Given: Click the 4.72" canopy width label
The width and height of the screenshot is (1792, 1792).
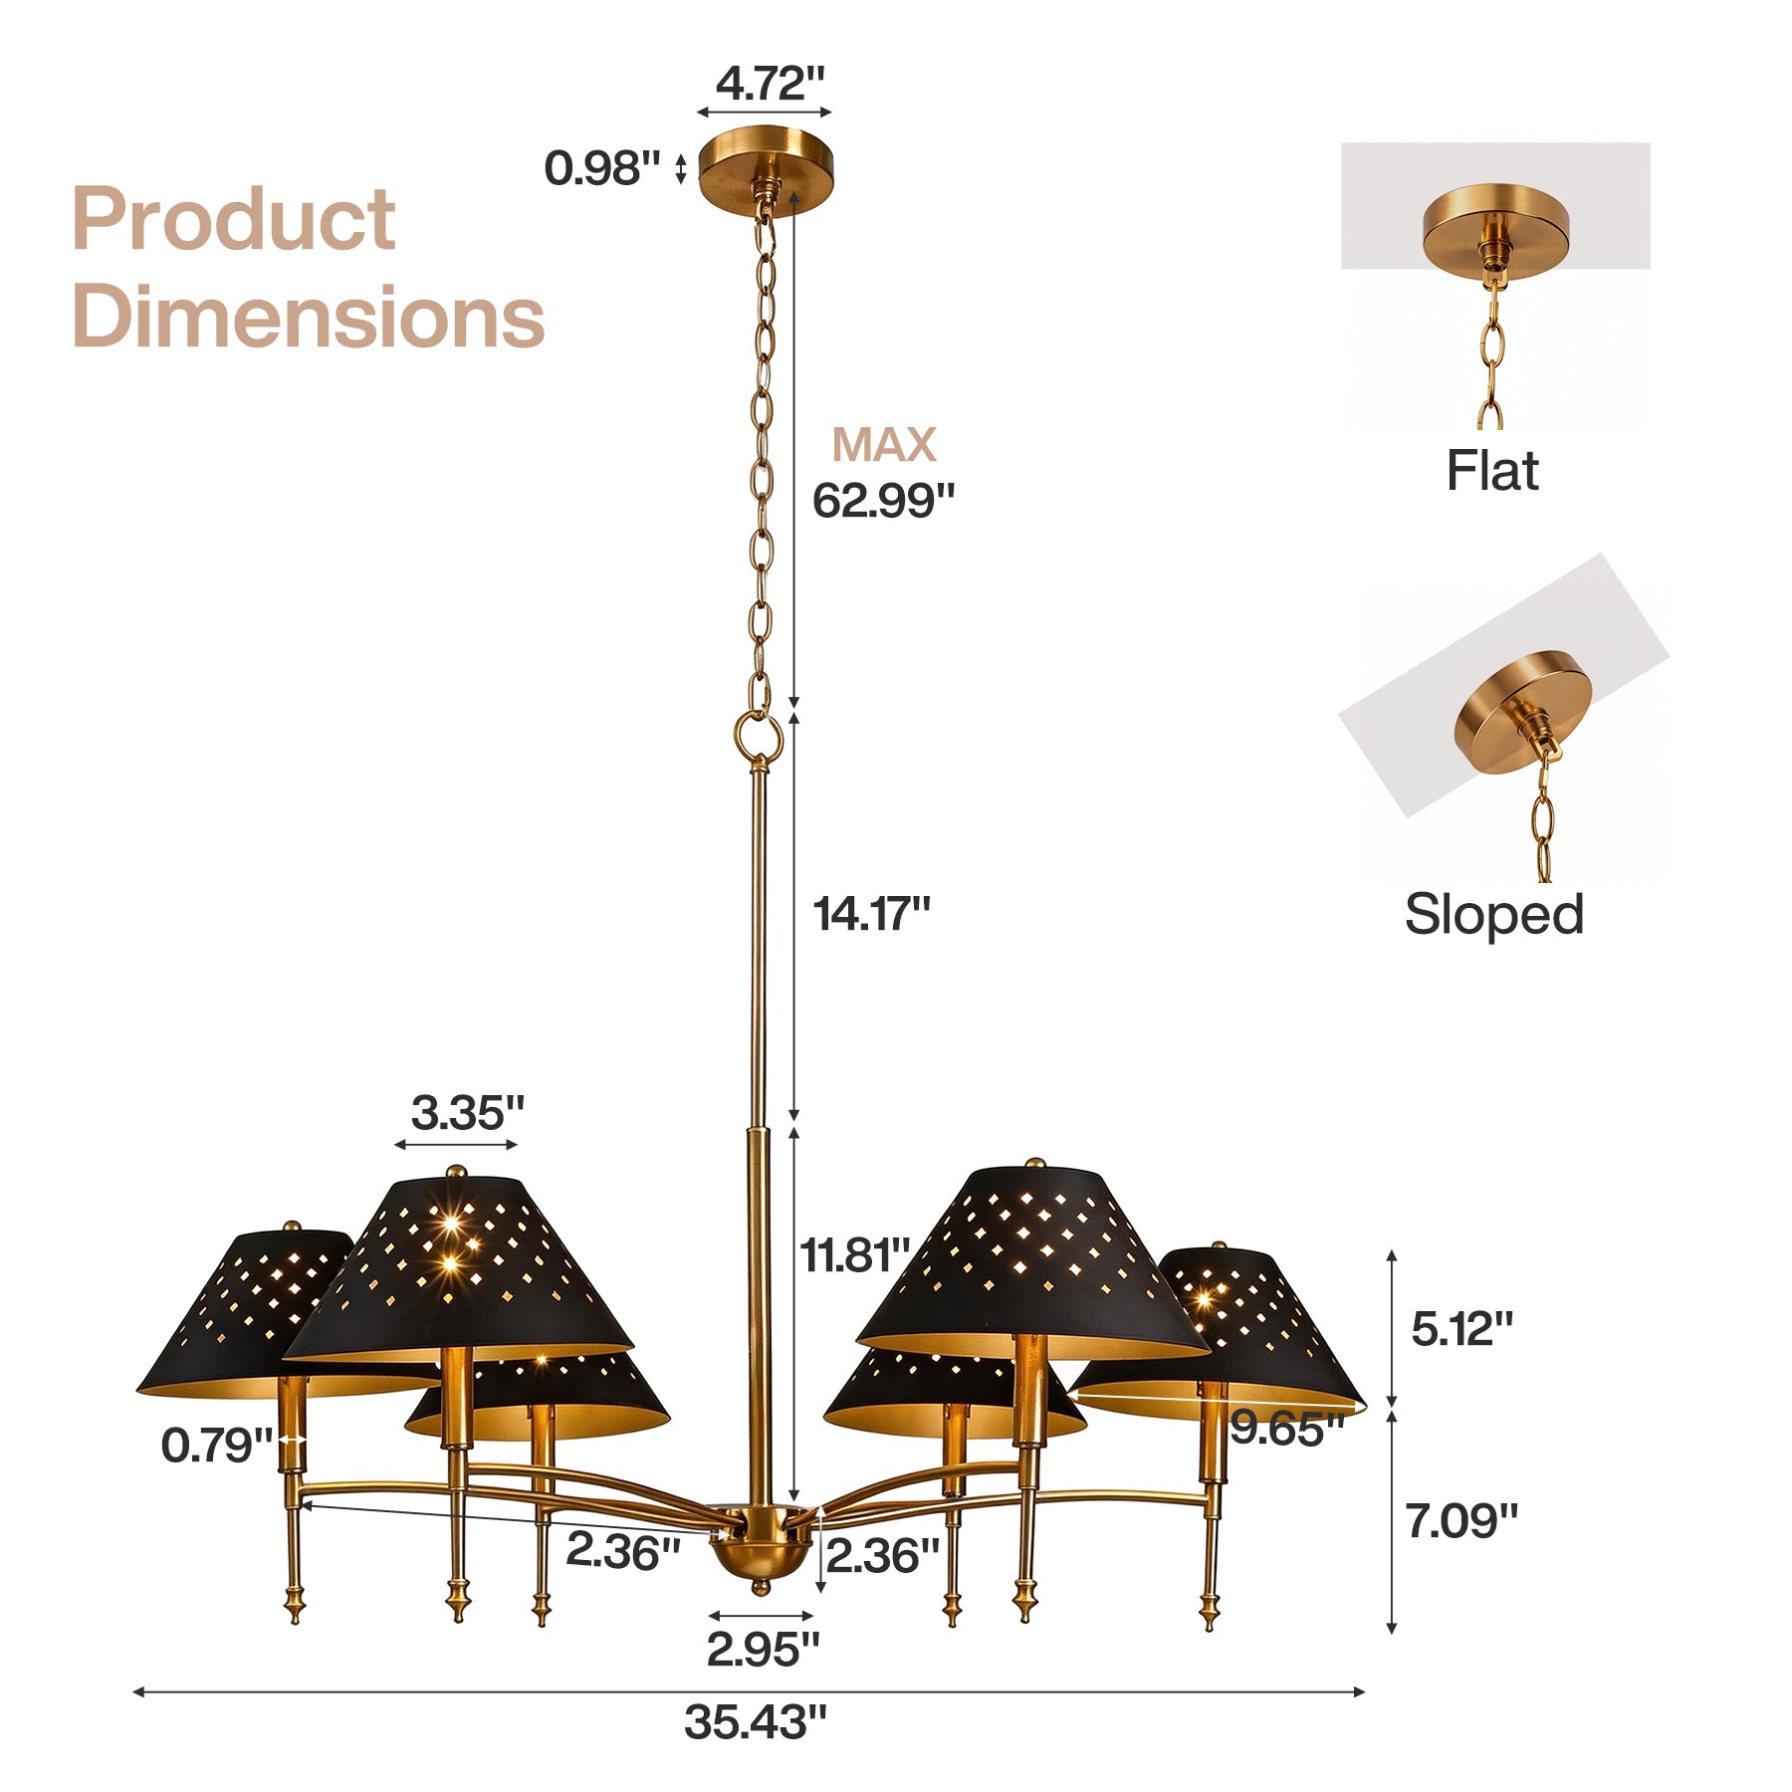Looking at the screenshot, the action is [771, 84].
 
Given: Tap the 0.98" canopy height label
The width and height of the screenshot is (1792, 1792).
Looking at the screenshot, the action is [602, 167].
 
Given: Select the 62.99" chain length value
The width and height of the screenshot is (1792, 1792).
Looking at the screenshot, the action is [883, 500].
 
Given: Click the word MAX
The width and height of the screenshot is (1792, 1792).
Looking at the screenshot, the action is [884, 444].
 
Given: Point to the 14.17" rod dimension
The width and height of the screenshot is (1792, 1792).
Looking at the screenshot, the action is [871, 914].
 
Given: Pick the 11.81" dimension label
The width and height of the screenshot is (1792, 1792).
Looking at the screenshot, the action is [855, 1255].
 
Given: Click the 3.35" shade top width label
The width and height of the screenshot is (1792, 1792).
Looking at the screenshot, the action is [467, 1112].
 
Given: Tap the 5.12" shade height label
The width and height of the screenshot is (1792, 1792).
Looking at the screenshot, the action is [1461, 1328].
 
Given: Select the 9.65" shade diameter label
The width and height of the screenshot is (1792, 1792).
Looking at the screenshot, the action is [1287, 1429].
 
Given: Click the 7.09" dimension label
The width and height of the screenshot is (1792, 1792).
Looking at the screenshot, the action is [1461, 1521].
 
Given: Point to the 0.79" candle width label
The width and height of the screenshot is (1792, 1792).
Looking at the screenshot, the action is [217, 1445].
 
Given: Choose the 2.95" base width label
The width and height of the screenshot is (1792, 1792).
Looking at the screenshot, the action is [763, 1650].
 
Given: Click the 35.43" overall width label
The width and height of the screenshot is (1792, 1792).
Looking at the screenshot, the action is [756, 1722].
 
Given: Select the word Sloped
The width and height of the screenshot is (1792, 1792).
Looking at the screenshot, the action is [1493, 914].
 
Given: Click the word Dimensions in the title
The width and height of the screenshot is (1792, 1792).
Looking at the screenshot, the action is [309, 316].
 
